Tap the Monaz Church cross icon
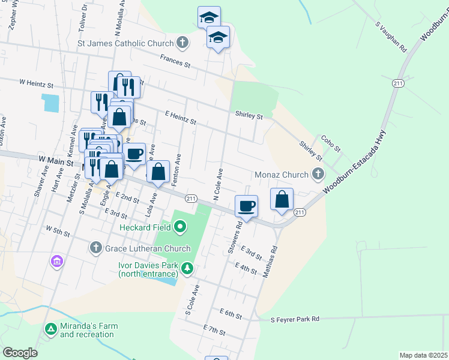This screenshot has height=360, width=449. (x=318, y=175)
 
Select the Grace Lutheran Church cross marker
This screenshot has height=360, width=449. (x=95, y=248)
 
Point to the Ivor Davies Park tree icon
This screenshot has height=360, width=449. (x=187, y=268)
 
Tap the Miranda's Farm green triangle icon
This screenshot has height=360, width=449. (x=51, y=329)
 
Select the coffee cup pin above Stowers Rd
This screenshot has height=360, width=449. (x=246, y=206)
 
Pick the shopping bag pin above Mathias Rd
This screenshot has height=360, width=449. (x=282, y=199)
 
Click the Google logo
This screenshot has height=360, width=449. (x=20, y=353)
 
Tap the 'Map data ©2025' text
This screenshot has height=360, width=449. (x=423, y=355)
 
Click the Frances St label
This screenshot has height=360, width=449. (x=175, y=61)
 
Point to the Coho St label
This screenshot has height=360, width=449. (x=331, y=143)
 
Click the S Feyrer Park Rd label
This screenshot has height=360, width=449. (x=295, y=320)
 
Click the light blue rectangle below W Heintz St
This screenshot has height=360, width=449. (x=50, y=103)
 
